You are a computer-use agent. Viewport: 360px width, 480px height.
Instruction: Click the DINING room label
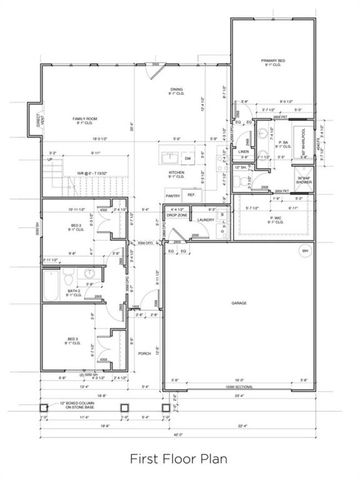pos(176,91)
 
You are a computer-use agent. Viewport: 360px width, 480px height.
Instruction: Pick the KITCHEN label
pos(176,172)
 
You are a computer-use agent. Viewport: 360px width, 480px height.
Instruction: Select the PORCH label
pos(144,353)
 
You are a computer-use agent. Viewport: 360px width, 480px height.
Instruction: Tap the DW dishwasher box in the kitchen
pos(187,158)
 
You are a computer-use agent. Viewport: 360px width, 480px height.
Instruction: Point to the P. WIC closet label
pos(274,217)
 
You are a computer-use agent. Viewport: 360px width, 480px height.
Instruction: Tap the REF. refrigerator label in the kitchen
pos(190,195)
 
